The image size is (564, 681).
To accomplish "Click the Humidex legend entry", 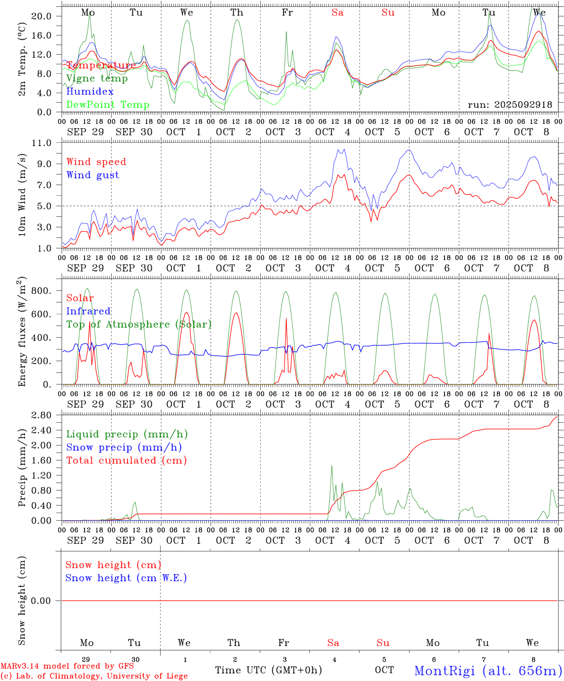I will [90, 91].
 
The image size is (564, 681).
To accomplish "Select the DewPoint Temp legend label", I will [108, 105].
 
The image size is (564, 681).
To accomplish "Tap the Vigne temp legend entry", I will [97, 78].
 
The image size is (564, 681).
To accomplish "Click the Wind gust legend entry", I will [93, 175].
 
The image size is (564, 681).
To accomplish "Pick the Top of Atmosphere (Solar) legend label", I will [139, 324].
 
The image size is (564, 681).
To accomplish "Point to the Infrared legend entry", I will [88, 311].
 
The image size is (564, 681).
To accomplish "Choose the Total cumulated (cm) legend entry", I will [127, 460].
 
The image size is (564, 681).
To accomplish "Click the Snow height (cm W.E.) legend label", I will [126, 578].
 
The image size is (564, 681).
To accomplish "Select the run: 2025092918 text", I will [510, 105].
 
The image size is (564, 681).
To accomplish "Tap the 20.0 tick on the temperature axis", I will [43, 16].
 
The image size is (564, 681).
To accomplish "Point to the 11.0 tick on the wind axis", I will [43, 143].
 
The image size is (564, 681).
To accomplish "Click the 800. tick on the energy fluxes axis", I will [41, 291].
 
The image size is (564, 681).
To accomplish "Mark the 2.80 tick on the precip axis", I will [43, 415].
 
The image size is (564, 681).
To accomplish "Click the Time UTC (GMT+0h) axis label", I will [268, 670].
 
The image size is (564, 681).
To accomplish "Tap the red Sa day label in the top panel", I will [337, 13].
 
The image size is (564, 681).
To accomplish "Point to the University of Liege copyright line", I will [94, 676].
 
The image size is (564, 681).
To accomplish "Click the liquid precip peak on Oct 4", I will [332, 466].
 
